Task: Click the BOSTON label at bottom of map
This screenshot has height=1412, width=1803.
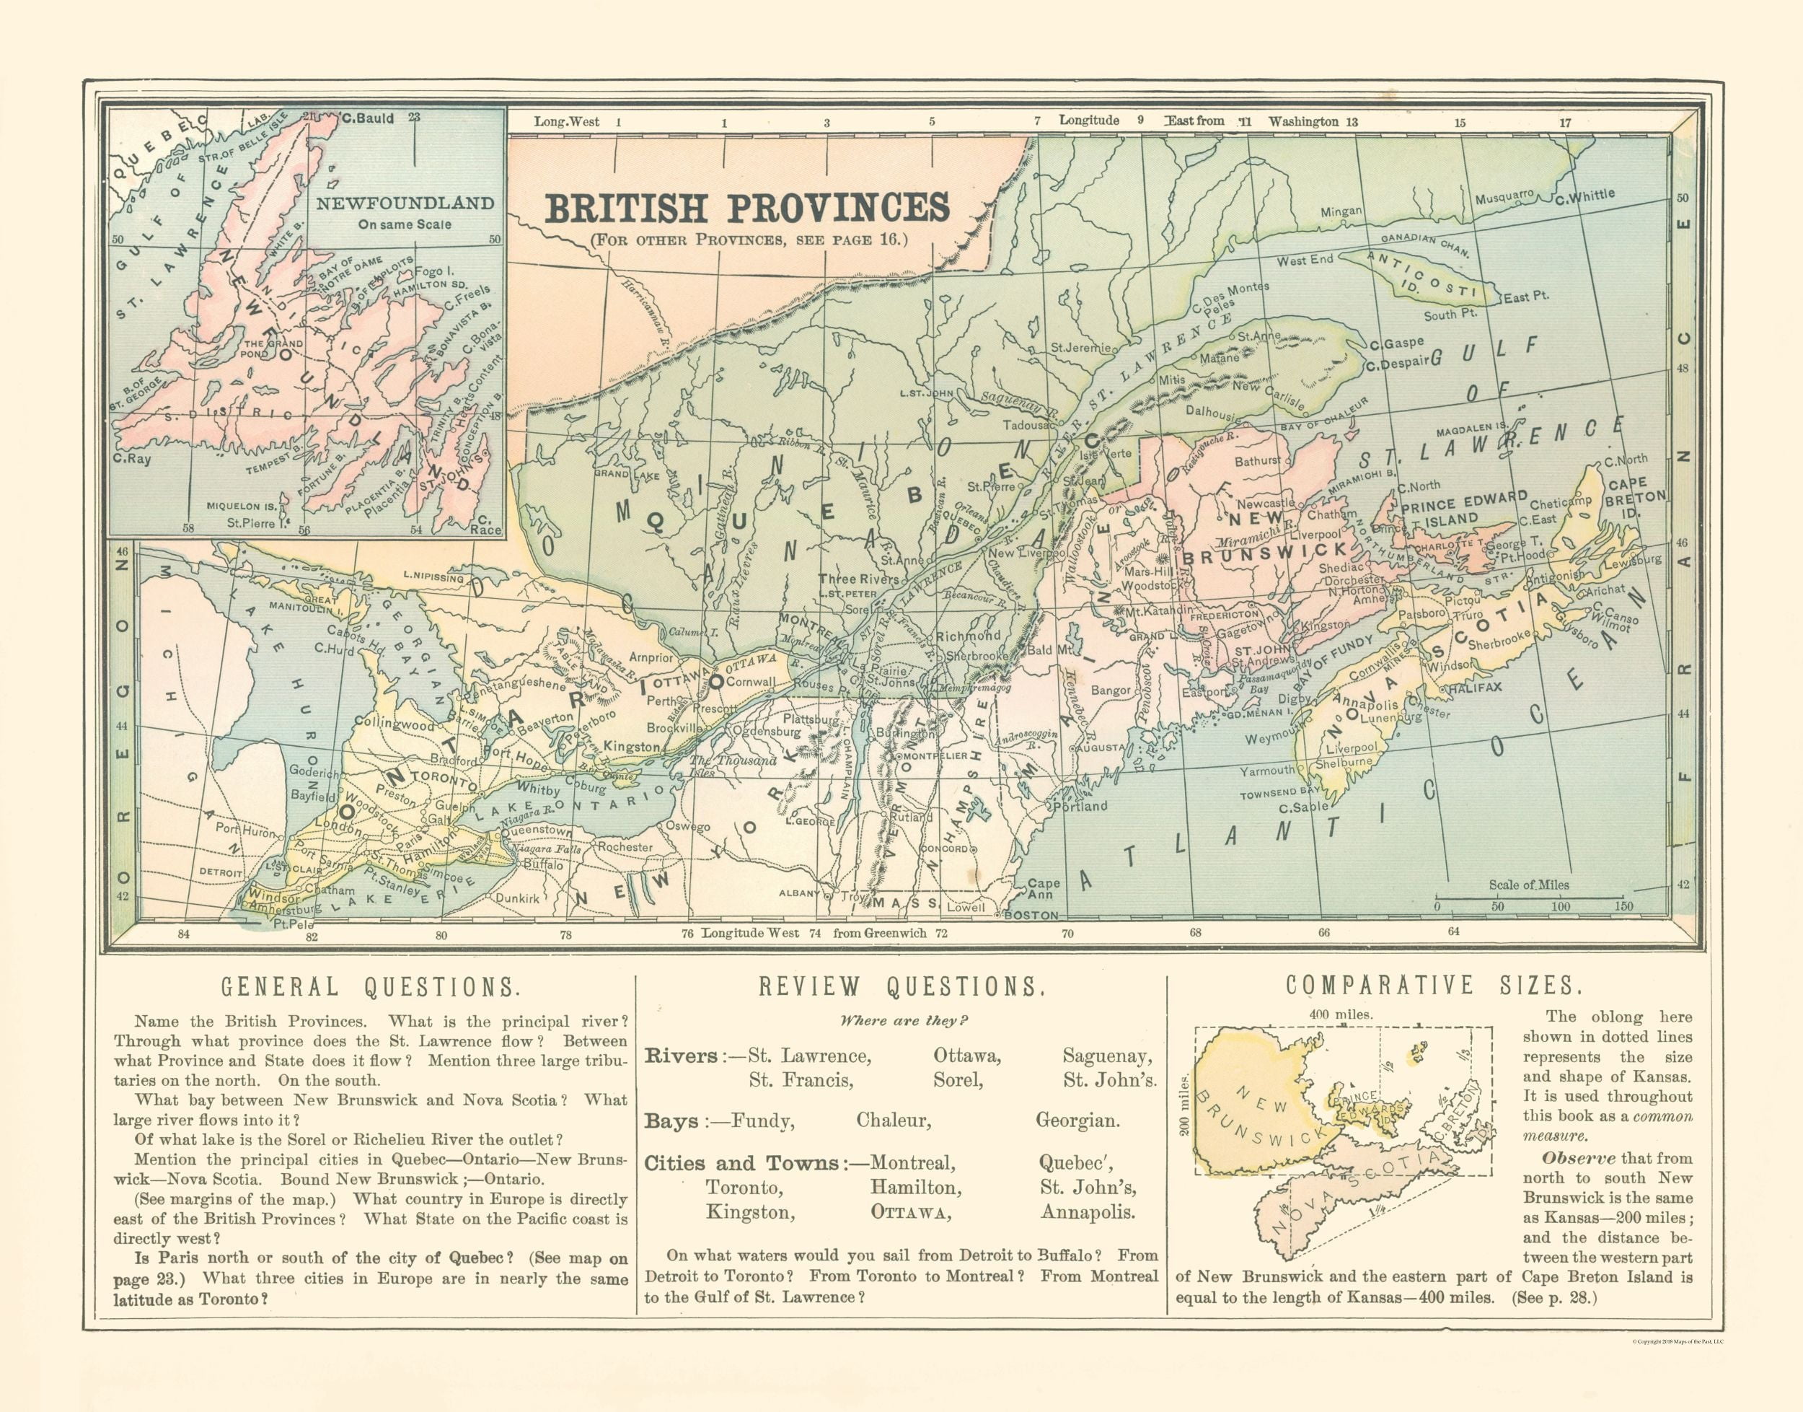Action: click(1030, 916)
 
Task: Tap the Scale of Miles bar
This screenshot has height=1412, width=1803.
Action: click(1529, 897)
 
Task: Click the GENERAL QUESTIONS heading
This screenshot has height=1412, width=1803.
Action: click(369, 986)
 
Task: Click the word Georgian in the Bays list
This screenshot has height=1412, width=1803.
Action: click(1077, 1121)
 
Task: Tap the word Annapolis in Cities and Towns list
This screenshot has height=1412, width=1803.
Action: click(1088, 1213)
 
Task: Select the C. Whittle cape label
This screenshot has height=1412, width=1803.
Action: click(1584, 196)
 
